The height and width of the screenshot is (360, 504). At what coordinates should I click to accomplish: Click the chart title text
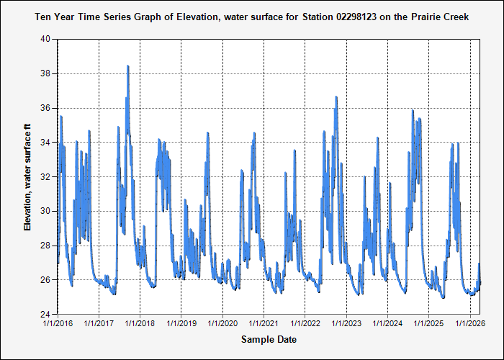point(252,16)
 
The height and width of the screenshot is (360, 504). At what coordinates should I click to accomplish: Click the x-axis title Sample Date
point(269,340)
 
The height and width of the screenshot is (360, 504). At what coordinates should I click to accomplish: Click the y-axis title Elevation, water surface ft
point(28,176)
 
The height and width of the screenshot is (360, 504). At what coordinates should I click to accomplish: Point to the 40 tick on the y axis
point(45,40)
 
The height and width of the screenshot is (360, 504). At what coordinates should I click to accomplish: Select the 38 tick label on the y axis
point(45,73)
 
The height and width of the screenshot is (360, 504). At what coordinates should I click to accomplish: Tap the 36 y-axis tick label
point(45,108)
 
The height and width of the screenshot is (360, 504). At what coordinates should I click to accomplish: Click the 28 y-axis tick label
point(45,246)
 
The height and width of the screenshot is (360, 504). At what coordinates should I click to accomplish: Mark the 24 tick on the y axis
point(45,315)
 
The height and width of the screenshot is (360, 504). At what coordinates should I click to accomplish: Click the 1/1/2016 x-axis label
point(58,323)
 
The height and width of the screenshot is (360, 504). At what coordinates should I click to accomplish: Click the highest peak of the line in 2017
point(128,66)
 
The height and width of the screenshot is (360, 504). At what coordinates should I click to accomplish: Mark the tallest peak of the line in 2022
point(336,97)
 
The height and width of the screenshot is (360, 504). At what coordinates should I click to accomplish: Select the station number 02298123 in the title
point(348,16)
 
